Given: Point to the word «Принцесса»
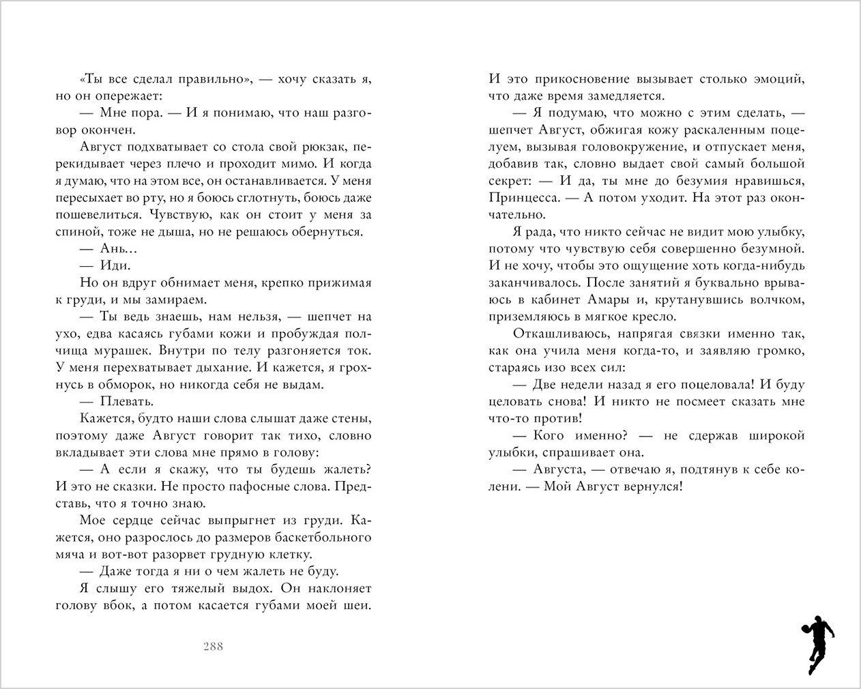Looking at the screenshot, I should pos(522,198).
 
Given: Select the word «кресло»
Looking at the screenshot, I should pos(652,317).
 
